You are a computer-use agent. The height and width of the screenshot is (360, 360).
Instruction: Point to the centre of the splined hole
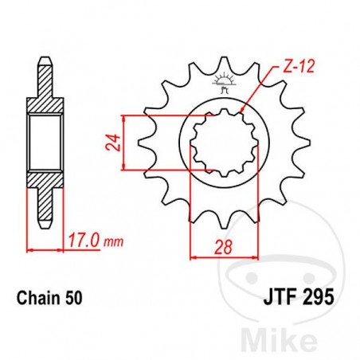point(224,143)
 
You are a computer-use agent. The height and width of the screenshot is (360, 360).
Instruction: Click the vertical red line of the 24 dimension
point(124,143)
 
